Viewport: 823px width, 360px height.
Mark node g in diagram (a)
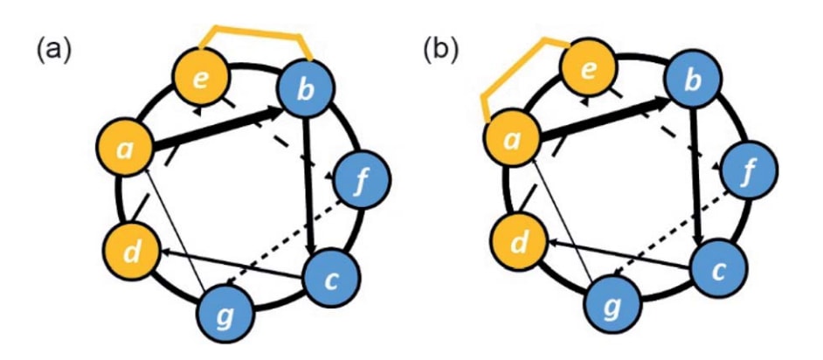(225, 315)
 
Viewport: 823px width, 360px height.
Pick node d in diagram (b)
(517, 241)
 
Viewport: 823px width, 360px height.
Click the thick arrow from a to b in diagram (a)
(218, 128)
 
